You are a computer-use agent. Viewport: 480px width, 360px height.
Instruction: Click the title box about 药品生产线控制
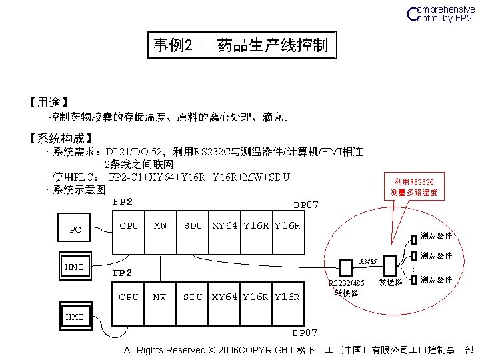240,45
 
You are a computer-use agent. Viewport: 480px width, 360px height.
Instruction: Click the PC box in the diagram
76,230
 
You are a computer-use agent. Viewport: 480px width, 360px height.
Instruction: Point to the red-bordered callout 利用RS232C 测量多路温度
414,187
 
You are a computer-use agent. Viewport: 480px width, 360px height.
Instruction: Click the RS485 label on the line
369,261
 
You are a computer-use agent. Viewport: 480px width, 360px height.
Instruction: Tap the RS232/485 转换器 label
347,287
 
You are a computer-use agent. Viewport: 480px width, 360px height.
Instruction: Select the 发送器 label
391,283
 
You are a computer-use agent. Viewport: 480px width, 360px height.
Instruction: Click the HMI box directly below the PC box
74,267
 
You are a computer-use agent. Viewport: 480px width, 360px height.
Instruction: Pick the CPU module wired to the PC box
129,226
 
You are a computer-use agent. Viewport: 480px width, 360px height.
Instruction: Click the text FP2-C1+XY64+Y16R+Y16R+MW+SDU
199,177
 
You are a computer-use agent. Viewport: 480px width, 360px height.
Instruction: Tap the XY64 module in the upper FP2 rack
226,226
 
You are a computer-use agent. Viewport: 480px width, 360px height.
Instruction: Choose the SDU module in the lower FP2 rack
193,297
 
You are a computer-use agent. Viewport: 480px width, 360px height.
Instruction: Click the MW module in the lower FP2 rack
161,297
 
